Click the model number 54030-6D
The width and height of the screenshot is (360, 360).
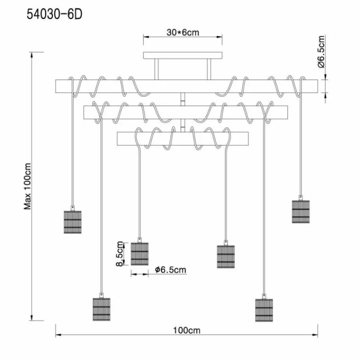tap(54, 14)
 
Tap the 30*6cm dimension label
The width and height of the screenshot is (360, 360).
tap(183, 32)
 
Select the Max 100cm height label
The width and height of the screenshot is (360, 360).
tap(27, 186)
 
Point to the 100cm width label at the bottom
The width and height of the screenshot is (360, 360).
tap(186, 330)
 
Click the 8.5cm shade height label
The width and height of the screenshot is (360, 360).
tap(120, 254)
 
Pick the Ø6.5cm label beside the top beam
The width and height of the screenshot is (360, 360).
tap(321, 52)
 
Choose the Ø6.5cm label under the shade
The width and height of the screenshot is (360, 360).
tap(171, 270)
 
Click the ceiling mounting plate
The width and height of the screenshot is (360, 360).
tap(183, 55)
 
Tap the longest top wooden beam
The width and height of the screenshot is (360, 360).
tap(186, 86)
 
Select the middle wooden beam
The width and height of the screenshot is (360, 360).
tap(185, 112)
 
